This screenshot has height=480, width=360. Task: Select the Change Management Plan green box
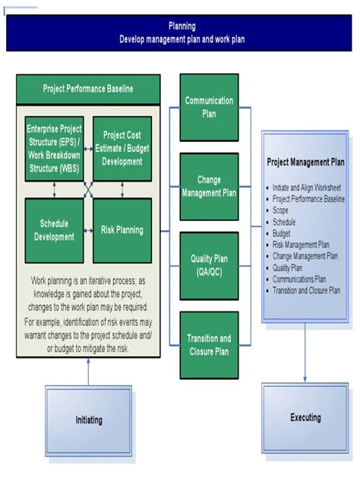pyautogui.click(x=209, y=187)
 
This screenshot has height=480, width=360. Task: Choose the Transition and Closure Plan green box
pyautogui.click(x=209, y=343)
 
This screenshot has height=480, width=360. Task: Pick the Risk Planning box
pyautogui.click(x=122, y=230)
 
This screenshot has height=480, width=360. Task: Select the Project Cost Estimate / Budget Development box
pyautogui.click(x=122, y=149)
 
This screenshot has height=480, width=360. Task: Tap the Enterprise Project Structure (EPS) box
pyautogui.click(x=54, y=149)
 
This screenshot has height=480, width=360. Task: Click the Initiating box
pyautogui.click(x=88, y=419)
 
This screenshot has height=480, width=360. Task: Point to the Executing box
pyautogui.click(x=305, y=418)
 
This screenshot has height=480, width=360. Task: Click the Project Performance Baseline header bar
pyautogui.click(x=88, y=89)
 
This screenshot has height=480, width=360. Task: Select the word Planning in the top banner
pyautogui.click(x=182, y=26)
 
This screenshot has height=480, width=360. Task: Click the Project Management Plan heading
pyautogui.click(x=305, y=162)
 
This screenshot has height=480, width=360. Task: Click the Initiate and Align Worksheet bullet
pyautogui.click(x=307, y=188)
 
